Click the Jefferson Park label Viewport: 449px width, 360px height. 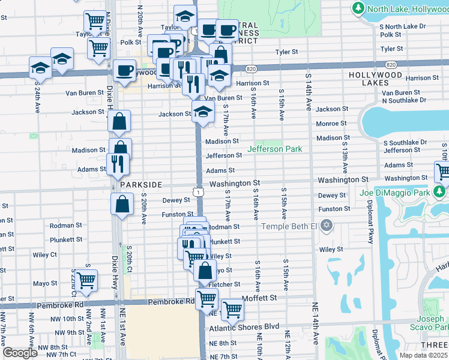point(275,149)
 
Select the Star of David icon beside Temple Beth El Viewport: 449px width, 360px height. point(326,226)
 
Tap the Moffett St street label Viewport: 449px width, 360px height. point(259,298)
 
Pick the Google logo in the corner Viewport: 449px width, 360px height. point(20,352)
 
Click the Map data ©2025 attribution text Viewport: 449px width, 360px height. point(423,355)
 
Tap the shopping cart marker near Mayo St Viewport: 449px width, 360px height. point(86,280)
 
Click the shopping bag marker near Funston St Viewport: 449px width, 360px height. point(122,203)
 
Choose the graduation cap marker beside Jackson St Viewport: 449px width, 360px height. point(203,112)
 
